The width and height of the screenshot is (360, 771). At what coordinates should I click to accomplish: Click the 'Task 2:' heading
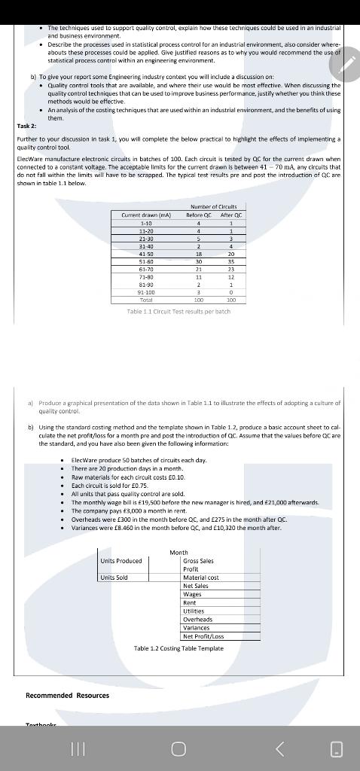pyautogui.click(x=26, y=127)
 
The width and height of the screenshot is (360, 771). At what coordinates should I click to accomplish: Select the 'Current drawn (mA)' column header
pyautogui.click(x=145, y=215)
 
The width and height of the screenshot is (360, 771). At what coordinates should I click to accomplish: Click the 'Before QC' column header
pyautogui.click(x=198, y=215)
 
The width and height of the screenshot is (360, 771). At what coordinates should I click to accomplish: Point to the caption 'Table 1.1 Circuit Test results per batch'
pyautogui.click(x=178, y=312)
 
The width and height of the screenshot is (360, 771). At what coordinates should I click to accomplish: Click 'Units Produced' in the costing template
pyautogui.click(x=121, y=561)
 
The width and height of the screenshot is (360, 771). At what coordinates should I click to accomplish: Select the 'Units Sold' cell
pyautogui.click(x=114, y=577)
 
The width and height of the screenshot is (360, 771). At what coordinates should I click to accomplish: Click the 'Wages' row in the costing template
pyautogui.click(x=192, y=594)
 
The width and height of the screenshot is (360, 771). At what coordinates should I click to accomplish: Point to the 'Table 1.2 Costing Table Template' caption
pyautogui.click(x=179, y=648)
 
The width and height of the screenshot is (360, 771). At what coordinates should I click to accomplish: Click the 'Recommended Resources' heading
pyautogui.click(x=67, y=695)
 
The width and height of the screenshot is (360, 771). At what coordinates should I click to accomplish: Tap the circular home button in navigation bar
pyautogui.click(x=178, y=748)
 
